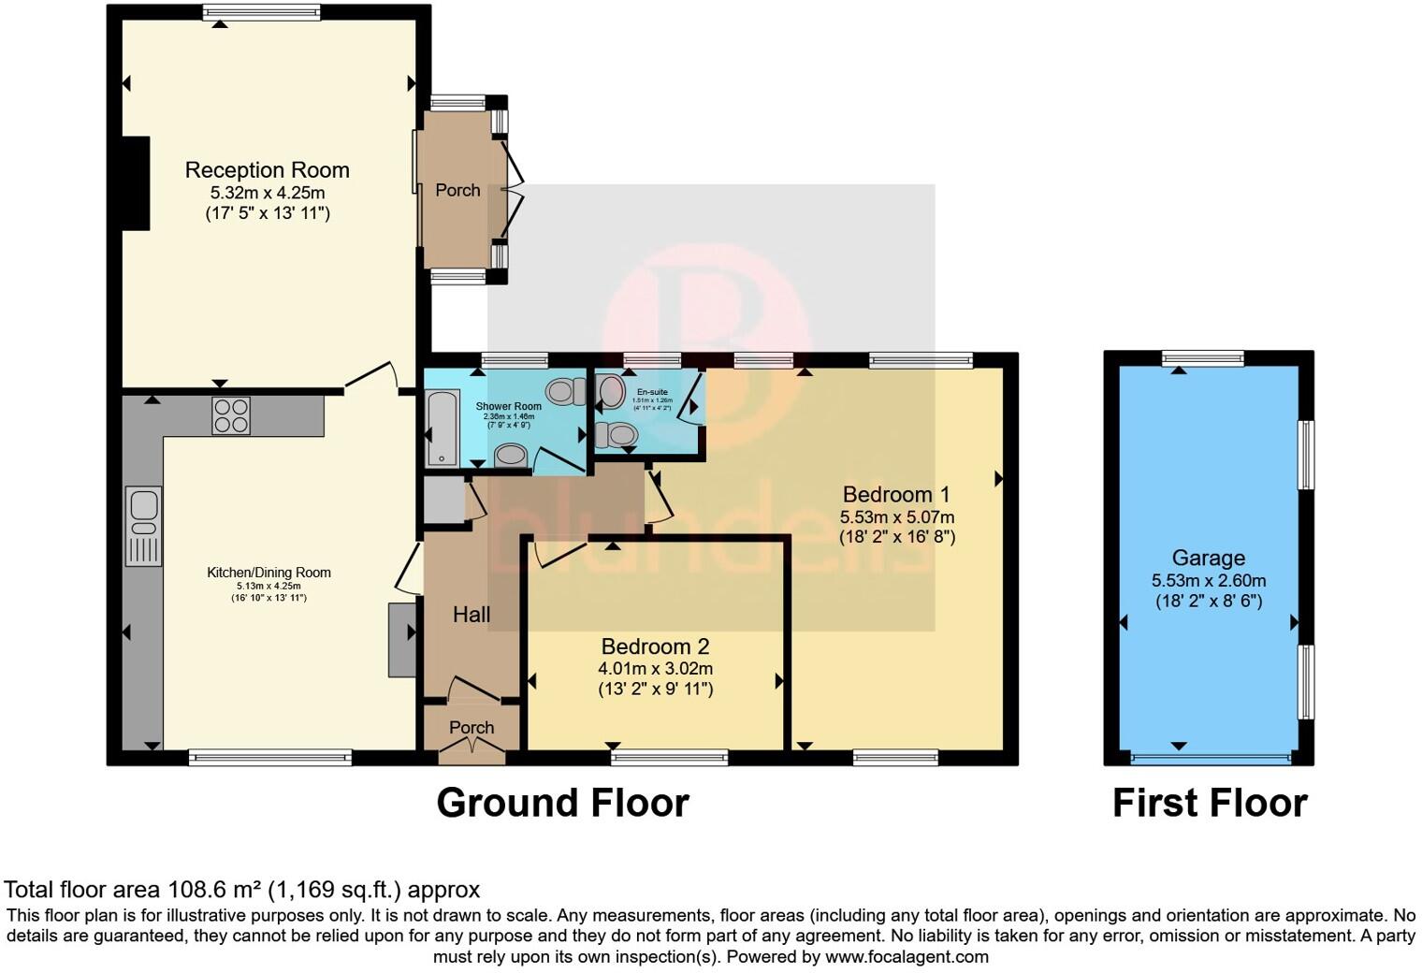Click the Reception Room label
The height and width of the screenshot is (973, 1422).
267,170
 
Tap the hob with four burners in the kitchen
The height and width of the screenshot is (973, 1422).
231,416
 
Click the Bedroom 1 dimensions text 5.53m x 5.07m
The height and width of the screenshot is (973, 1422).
896,516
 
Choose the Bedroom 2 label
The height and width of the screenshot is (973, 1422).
655,646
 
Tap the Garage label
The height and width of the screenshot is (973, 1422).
1208,559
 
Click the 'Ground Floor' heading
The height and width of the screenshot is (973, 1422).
562,804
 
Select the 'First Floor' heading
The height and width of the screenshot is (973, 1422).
1209,804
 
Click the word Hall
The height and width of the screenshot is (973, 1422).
472,615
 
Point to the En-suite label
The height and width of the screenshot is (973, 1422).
652,392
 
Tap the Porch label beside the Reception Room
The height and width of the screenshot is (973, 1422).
457,190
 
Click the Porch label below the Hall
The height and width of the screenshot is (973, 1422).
472,727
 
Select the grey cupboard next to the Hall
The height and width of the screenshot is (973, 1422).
443,501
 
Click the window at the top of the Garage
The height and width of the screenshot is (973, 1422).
1202,357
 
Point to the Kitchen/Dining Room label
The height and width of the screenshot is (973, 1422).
268,573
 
